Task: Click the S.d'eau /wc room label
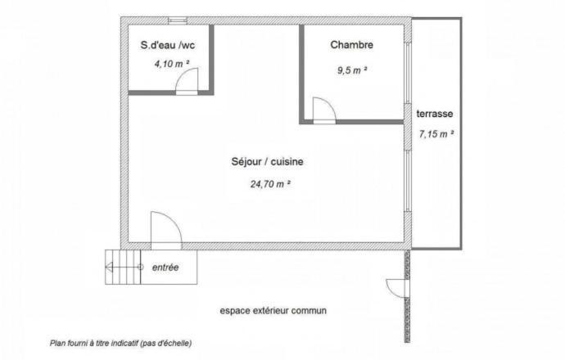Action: pyautogui.click(x=168, y=45)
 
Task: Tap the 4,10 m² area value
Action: pyautogui.click(x=172, y=64)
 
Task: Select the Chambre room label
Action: pyautogui.click(x=351, y=45)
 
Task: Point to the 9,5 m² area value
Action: pyautogui.click(x=352, y=70)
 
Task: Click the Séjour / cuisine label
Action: pyautogui.click(x=267, y=162)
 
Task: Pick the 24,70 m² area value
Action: pyautogui.click(x=270, y=184)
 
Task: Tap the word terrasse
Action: pyautogui.click(x=435, y=114)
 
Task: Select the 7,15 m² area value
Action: pyautogui.click(x=436, y=134)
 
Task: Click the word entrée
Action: pyautogui.click(x=165, y=268)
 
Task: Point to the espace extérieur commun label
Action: pyautogui.click(x=273, y=311)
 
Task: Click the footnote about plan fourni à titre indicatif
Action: pyautogui.click(x=120, y=343)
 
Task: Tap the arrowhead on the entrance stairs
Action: pyautogui.click(x=109, y=267)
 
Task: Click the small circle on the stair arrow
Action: pyautogui.click(x=141, y=267)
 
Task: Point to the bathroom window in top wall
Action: pyautogui.click(x=178, y=21)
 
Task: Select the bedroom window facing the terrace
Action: pyautogui.click(x=408, y=73)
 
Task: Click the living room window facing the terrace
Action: pyautogui.click(x=408, y=181)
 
